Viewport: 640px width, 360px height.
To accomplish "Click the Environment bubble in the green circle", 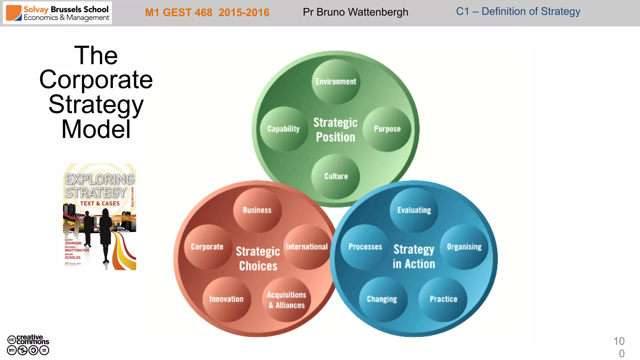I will (336, 82).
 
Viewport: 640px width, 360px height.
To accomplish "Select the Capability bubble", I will (284, 129).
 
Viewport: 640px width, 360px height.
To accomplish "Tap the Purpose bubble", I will (387, 129).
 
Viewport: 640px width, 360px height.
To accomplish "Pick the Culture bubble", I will (336, 176).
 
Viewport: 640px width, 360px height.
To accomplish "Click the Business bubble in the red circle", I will (257, 210).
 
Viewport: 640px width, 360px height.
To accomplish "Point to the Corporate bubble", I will (207, 247).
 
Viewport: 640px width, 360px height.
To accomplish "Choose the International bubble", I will (307, 247).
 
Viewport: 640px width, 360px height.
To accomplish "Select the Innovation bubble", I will (227, 299).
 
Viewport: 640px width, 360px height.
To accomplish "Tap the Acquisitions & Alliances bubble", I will (287, 300).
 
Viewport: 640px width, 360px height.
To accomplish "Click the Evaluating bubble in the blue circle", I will (414, 210).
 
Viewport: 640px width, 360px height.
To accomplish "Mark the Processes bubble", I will (365, 247).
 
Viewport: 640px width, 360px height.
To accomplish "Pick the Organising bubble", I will (464, 247).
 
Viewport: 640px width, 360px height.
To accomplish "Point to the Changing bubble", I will (382, 299).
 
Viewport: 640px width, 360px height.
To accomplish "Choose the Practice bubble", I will (443, 299).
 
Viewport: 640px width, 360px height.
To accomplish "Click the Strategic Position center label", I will (336, 130).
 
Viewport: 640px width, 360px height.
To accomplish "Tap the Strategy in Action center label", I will (414, 257).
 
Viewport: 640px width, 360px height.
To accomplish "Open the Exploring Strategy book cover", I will (100, 217).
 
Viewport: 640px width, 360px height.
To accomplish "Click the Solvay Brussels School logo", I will (57, 13).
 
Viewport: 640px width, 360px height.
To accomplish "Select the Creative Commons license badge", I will (28, 345).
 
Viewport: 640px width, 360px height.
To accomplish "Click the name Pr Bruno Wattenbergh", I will (355, 12).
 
